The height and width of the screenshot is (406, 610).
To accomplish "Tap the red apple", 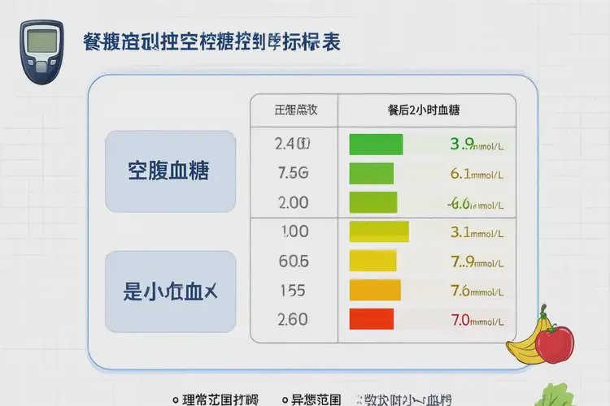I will click(x=555, y=343).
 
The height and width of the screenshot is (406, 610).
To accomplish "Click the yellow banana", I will click(x=525, y=341).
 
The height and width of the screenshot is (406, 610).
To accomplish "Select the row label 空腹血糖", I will click(x=170, y=171).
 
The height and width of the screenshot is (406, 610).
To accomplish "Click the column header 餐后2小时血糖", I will click(x=425, y=109).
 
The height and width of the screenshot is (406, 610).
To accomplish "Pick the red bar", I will click(x=371, y=318).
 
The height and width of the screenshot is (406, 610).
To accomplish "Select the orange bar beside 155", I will click(x=375, y=290).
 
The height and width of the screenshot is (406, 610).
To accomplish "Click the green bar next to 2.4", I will click(x=376, y=145).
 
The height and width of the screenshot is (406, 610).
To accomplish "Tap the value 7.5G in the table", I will click(x=292, y=173).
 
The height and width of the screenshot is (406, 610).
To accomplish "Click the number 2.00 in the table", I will click(x=292, y=202).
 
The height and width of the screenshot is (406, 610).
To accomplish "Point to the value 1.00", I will click(x=294, y=231).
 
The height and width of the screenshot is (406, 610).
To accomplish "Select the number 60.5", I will click(x=293, y=261).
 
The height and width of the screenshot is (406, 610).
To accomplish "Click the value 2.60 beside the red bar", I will click(x=293, y=319).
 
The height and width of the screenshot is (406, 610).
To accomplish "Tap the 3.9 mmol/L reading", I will click(x=477, y=145).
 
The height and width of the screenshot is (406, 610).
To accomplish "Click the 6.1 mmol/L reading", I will click(x=477, y=174).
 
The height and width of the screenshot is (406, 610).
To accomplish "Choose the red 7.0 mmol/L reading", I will click(x=477, y=319).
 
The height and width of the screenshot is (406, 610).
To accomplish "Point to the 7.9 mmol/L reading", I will click(x=477, y=261).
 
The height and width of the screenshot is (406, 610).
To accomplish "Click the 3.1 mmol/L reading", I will click(x=477, y=232).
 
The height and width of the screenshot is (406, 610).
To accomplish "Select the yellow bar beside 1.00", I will click(x=379, y=231).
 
